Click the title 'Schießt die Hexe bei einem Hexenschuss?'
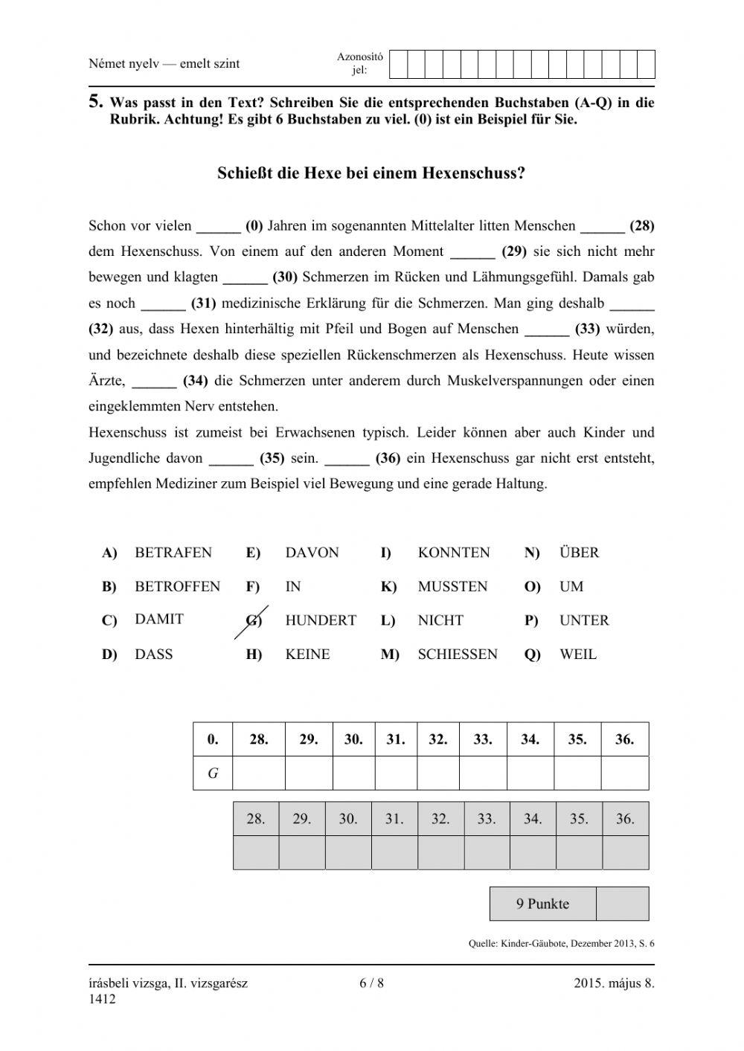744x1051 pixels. tap(371, 173)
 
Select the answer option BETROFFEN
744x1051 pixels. tap(177, 586)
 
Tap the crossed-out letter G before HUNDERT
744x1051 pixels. tap(254, 620)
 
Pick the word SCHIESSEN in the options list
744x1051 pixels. tap(457, 655)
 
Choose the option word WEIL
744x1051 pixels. tap(577, 655)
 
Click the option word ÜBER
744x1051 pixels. tap(578, 553)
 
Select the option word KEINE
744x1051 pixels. tap(307, 655)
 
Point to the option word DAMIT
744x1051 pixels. tap(158, 619)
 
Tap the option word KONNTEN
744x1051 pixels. tap(453, 553)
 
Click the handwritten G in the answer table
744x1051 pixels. tap(213, 774)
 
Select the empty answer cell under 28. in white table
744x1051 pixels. tap(259, 774)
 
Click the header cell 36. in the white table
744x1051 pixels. tap(624, 739)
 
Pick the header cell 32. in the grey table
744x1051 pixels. tap(440, 819)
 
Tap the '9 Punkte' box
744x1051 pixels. tap(542, 904)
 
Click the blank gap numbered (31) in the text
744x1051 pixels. tap(163, 303)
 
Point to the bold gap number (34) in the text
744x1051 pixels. tap(195, 381)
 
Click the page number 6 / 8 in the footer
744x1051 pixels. tap(371, 983)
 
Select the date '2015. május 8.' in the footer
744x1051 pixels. tap(614, 983)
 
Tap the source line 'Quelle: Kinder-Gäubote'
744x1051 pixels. tap(561, 944)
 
